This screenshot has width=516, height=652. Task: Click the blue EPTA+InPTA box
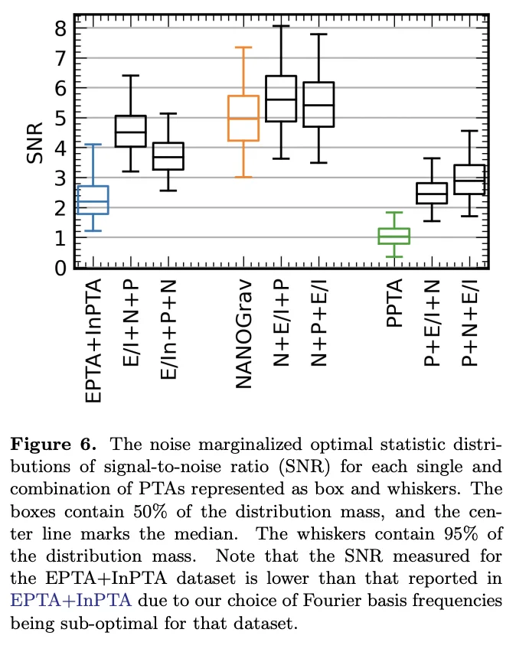pos(93,200)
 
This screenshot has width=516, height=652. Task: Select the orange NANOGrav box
pos(244,118)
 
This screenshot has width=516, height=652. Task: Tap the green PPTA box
pos(394,236)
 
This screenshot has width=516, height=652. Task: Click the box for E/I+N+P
pos(131,132)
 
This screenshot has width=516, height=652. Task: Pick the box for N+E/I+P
pos(281,99)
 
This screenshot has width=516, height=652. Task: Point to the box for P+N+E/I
pos(469,179)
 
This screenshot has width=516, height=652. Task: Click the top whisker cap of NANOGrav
pos(244,47)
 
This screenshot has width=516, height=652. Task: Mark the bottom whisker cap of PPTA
pos(394,256)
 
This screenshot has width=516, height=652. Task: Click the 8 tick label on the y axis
pos(60,28)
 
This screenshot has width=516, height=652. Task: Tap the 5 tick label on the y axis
pos(60,119)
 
